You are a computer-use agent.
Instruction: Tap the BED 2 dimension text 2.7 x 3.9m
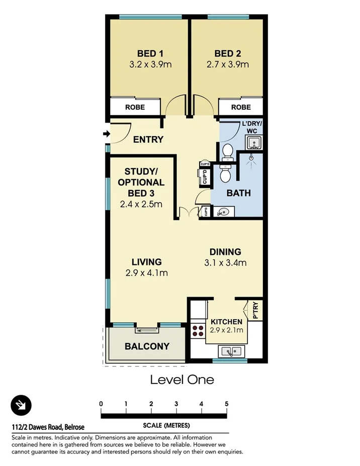pyautogui.click(x=228, y=65)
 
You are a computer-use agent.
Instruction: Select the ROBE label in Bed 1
pyautogui.click(x=135, y=107)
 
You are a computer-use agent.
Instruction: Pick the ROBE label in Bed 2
pyautogui.click(x=241, y=107)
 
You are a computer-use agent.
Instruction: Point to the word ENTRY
pyautogui.click(x=148, y=140)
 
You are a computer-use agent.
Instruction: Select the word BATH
pyautogui.click(x=238, y=193)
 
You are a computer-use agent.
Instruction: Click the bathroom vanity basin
pyautogui.click(x=223, y=212)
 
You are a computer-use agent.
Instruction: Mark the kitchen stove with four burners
pyautogui.click(x=197, y=330)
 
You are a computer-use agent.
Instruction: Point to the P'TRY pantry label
pyautogui.click(x=255, y=310)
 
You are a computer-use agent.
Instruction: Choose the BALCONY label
pyautogui.click(x=147, y=346)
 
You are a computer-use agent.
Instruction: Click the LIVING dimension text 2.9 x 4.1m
pyautogui.click(x=147, y=273)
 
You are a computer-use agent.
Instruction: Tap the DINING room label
pyautogui.click(x=225, y=252)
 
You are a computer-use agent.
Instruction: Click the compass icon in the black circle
pyautogui.click(x=21, y=405)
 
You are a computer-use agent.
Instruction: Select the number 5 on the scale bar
pyautogui.click(x=227, y=404)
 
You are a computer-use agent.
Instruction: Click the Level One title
pyautogui.click(x=182, y=380)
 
